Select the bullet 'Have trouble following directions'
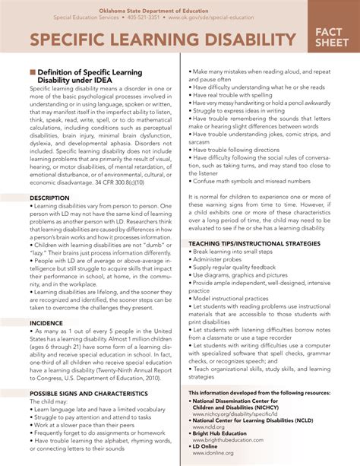(239, 151)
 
